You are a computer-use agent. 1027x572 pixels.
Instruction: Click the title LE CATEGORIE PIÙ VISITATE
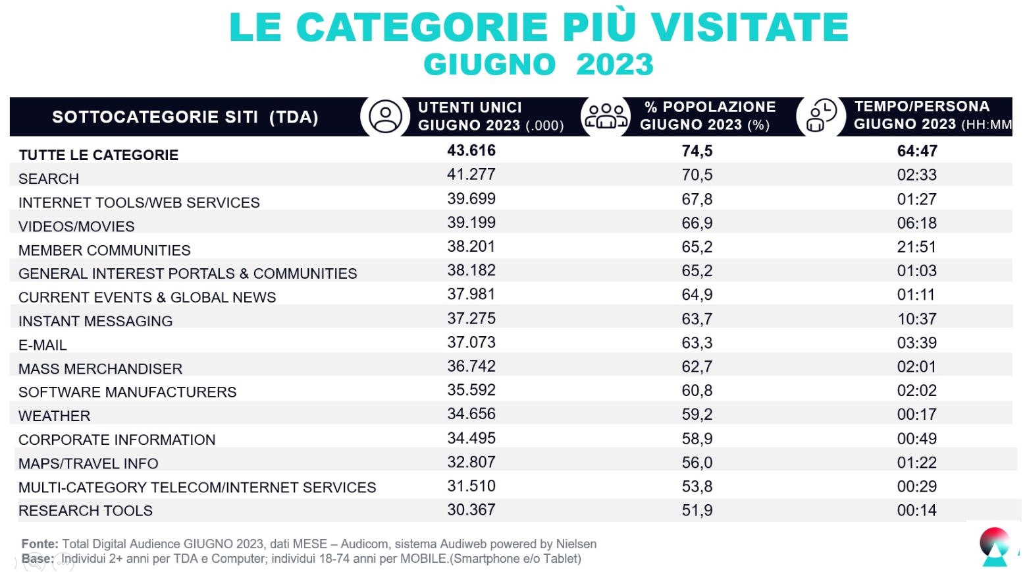click(539, 27)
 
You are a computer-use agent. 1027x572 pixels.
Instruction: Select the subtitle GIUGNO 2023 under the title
click(539, 65)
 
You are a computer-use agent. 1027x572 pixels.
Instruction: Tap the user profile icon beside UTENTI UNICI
click(385, 117)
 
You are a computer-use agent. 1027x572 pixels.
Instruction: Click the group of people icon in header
click(606, 116)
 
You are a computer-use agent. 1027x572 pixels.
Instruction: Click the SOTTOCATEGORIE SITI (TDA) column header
click(185, 117)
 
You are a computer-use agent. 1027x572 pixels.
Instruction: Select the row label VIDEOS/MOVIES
click(76, 227)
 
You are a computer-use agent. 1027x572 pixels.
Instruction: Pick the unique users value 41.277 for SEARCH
click(471, 175)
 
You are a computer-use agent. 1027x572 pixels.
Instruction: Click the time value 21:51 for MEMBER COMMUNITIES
click(916, 247)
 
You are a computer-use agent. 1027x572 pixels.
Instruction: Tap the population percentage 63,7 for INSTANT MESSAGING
click(697, 319)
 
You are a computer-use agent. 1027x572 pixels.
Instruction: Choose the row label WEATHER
click(55, 416)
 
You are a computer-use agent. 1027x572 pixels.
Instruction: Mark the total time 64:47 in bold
click(917, 152)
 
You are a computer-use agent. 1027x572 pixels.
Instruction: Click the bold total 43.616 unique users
click(471, 151)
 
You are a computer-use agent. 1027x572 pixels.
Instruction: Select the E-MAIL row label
click(43, 345)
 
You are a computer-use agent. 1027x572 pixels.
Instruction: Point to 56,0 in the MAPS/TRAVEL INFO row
click(697, 463)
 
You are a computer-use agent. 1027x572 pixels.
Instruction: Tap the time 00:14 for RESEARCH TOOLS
click(916, 510)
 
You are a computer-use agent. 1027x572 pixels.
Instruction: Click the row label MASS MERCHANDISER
click(101, 369)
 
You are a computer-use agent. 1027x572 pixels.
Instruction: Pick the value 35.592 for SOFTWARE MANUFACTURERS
click(471, 390)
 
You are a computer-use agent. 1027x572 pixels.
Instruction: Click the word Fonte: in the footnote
click(40, 544)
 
